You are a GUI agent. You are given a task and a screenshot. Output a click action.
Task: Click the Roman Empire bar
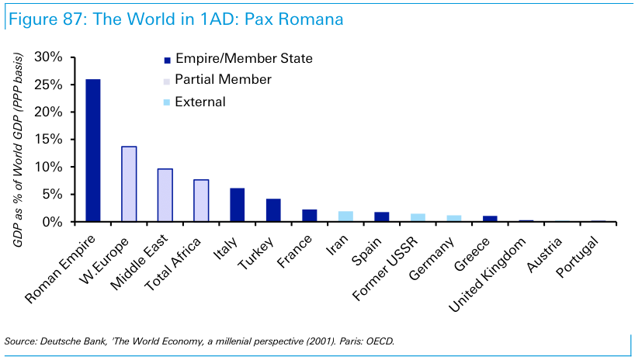[x=92, y=151]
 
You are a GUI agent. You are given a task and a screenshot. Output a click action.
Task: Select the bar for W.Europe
[x=129, y=184]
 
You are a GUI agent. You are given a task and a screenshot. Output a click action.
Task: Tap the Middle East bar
[x=165, y=195]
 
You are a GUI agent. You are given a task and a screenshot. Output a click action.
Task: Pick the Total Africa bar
[x=201, y=200]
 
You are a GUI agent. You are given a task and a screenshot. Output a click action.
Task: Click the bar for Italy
[x=238, y=205]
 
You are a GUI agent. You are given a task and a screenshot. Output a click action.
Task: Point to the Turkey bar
[x=273, y=210]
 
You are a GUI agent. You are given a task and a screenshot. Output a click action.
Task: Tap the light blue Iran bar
[x=345, y=216]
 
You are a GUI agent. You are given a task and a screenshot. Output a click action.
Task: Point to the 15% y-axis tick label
[x=50, y=140]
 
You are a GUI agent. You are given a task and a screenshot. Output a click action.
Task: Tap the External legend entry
[x=200, y=102]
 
